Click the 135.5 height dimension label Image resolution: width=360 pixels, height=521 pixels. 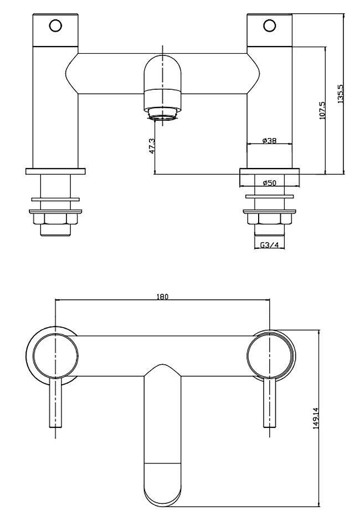pos(340,94)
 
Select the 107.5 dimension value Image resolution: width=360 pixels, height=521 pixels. pos(322,110)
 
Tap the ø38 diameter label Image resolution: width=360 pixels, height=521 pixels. pos(269,141)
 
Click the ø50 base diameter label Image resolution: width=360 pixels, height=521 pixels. pos(269,182)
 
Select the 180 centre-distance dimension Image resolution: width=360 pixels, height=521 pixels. pos(162,296)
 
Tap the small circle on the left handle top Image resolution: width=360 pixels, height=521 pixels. pos(55,25)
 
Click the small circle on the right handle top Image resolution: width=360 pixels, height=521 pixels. pos(269,25)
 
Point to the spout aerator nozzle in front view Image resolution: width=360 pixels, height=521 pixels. pos(162,115)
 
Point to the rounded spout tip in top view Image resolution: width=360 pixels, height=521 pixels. pos(162,485)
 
